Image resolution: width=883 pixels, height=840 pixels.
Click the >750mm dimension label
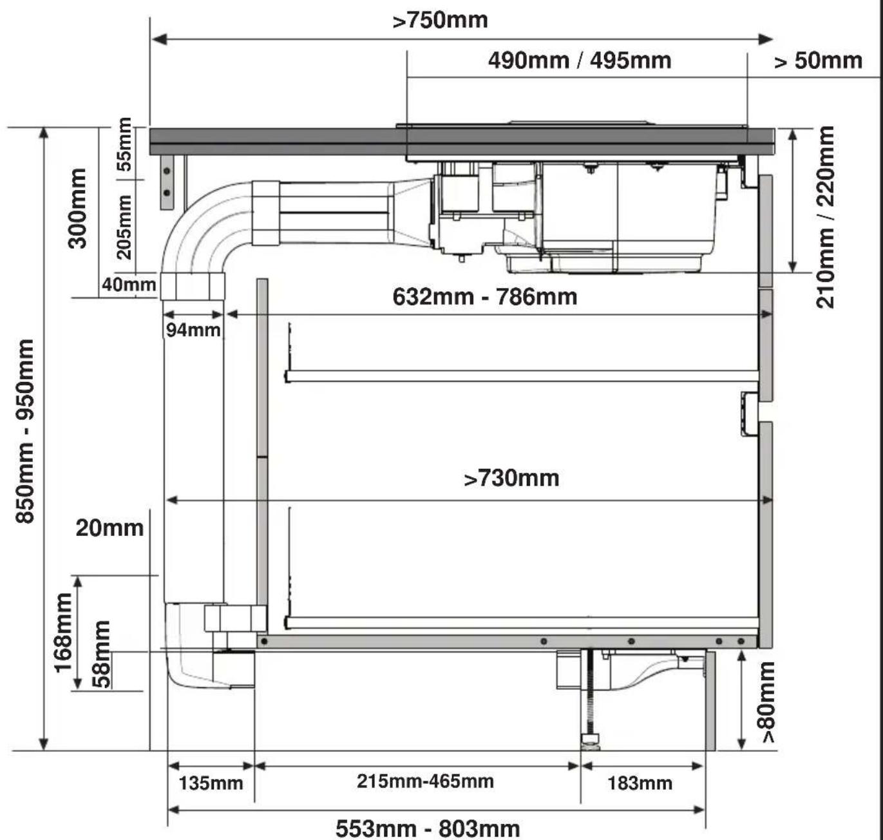pyautogui.click(x=440, y=21)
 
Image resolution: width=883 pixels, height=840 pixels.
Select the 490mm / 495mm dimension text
pyautogui.click(x=580, y=61)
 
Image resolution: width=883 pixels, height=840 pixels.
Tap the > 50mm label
pyautogui.click(x=819, y=61)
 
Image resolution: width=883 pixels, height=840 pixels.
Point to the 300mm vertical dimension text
pyautogui.click(x=77, y=208)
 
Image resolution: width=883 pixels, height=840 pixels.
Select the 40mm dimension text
pyautogui.click(x=129, y=284)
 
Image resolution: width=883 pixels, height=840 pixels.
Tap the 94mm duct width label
pyautogui.click(x=193, y=330)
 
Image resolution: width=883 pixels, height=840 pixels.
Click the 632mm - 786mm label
pyautogui.click(x=485, y=297)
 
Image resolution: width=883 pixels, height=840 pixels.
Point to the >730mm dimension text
pyautogui.click(x=511, y=478)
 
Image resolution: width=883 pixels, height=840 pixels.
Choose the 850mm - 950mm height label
pyautogui.click(x=24, y=431)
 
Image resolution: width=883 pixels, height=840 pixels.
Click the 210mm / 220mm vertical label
pyautogui.click(x=825, y=217)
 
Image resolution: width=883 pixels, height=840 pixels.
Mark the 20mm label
pyautogui.click(x=109, y=528)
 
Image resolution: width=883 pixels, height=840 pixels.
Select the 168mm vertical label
pyautogui.click(x=63, y=633)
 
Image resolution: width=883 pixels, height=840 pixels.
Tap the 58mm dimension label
pyautogui.click(x=102, y=654)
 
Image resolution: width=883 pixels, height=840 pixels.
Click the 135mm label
pyautogui.click(x=211, y=783)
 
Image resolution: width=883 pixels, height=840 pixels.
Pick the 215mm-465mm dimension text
pyautogui.click(x=425, y=781)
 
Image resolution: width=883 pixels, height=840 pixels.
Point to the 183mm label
pyautogui.click(x=640, y=783)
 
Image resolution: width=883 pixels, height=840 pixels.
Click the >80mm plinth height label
pyautogui.click(x=768, y=702)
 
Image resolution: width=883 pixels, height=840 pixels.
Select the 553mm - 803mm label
pyautogui.click(x=428, y=828)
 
